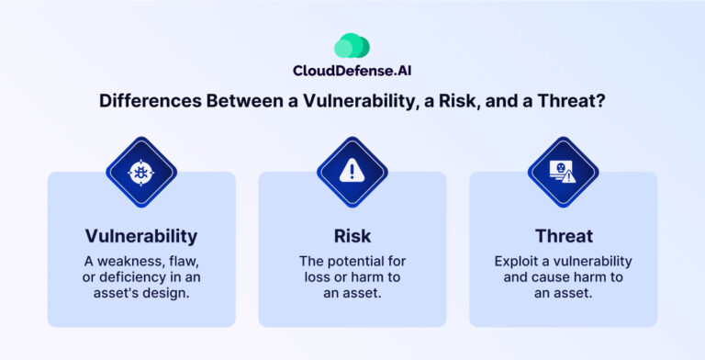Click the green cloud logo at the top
[352, 46]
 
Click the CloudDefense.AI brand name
[352, 71]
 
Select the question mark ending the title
[599, 102]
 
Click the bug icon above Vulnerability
[141, 172]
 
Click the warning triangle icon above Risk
[352, 172]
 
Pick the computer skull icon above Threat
[563, 172]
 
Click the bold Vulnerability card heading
[141, 236]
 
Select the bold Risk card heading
[352, 236]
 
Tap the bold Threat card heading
[563, 236]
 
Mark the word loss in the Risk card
[327, 277]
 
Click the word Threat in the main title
[567, 102]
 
